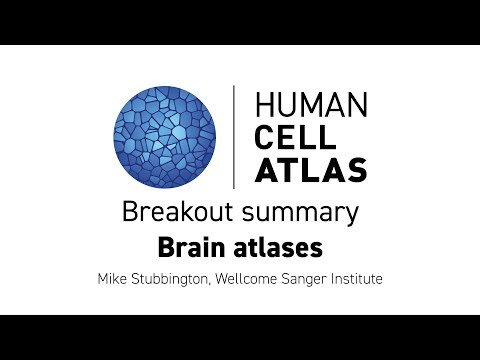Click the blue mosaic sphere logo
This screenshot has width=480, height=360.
click(165, 135)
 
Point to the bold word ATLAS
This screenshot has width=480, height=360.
click(311, 170)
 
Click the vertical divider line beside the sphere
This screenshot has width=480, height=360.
click(234, 137)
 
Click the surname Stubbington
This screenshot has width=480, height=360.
click(175, 277)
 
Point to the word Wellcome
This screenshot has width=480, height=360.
click(257, 277)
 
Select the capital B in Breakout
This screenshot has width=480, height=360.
click(128, 212)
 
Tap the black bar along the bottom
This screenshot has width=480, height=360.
click(240, 337)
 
